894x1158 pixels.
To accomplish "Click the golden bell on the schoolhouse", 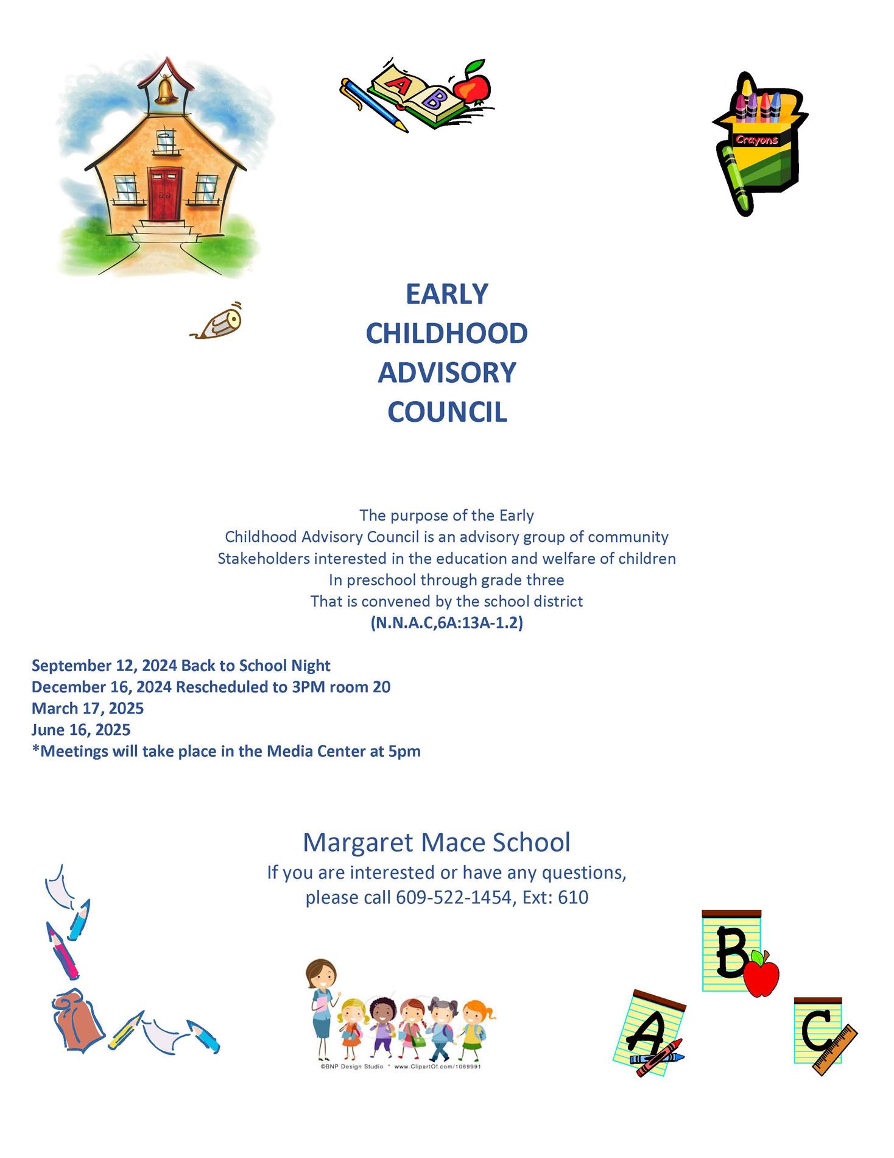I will (x=163, y=90).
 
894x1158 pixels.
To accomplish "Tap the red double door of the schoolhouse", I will (x=165, y=194).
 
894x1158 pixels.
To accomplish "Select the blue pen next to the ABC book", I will (x=372, y=104).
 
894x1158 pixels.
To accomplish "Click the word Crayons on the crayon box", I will (x=756, y=140).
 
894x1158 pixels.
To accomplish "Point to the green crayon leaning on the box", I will (x=735, y=177).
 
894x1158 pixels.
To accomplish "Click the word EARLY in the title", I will (x=447, y=294).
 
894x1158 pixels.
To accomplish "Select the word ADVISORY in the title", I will (x=447, y=372).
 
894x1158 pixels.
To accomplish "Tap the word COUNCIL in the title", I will (x=447, y=412).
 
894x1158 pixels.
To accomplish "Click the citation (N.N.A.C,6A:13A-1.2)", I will (x=447, y=623).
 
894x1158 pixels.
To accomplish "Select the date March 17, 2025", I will (x=88, y=708).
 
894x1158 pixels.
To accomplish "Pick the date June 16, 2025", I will (x=81, y=730).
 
